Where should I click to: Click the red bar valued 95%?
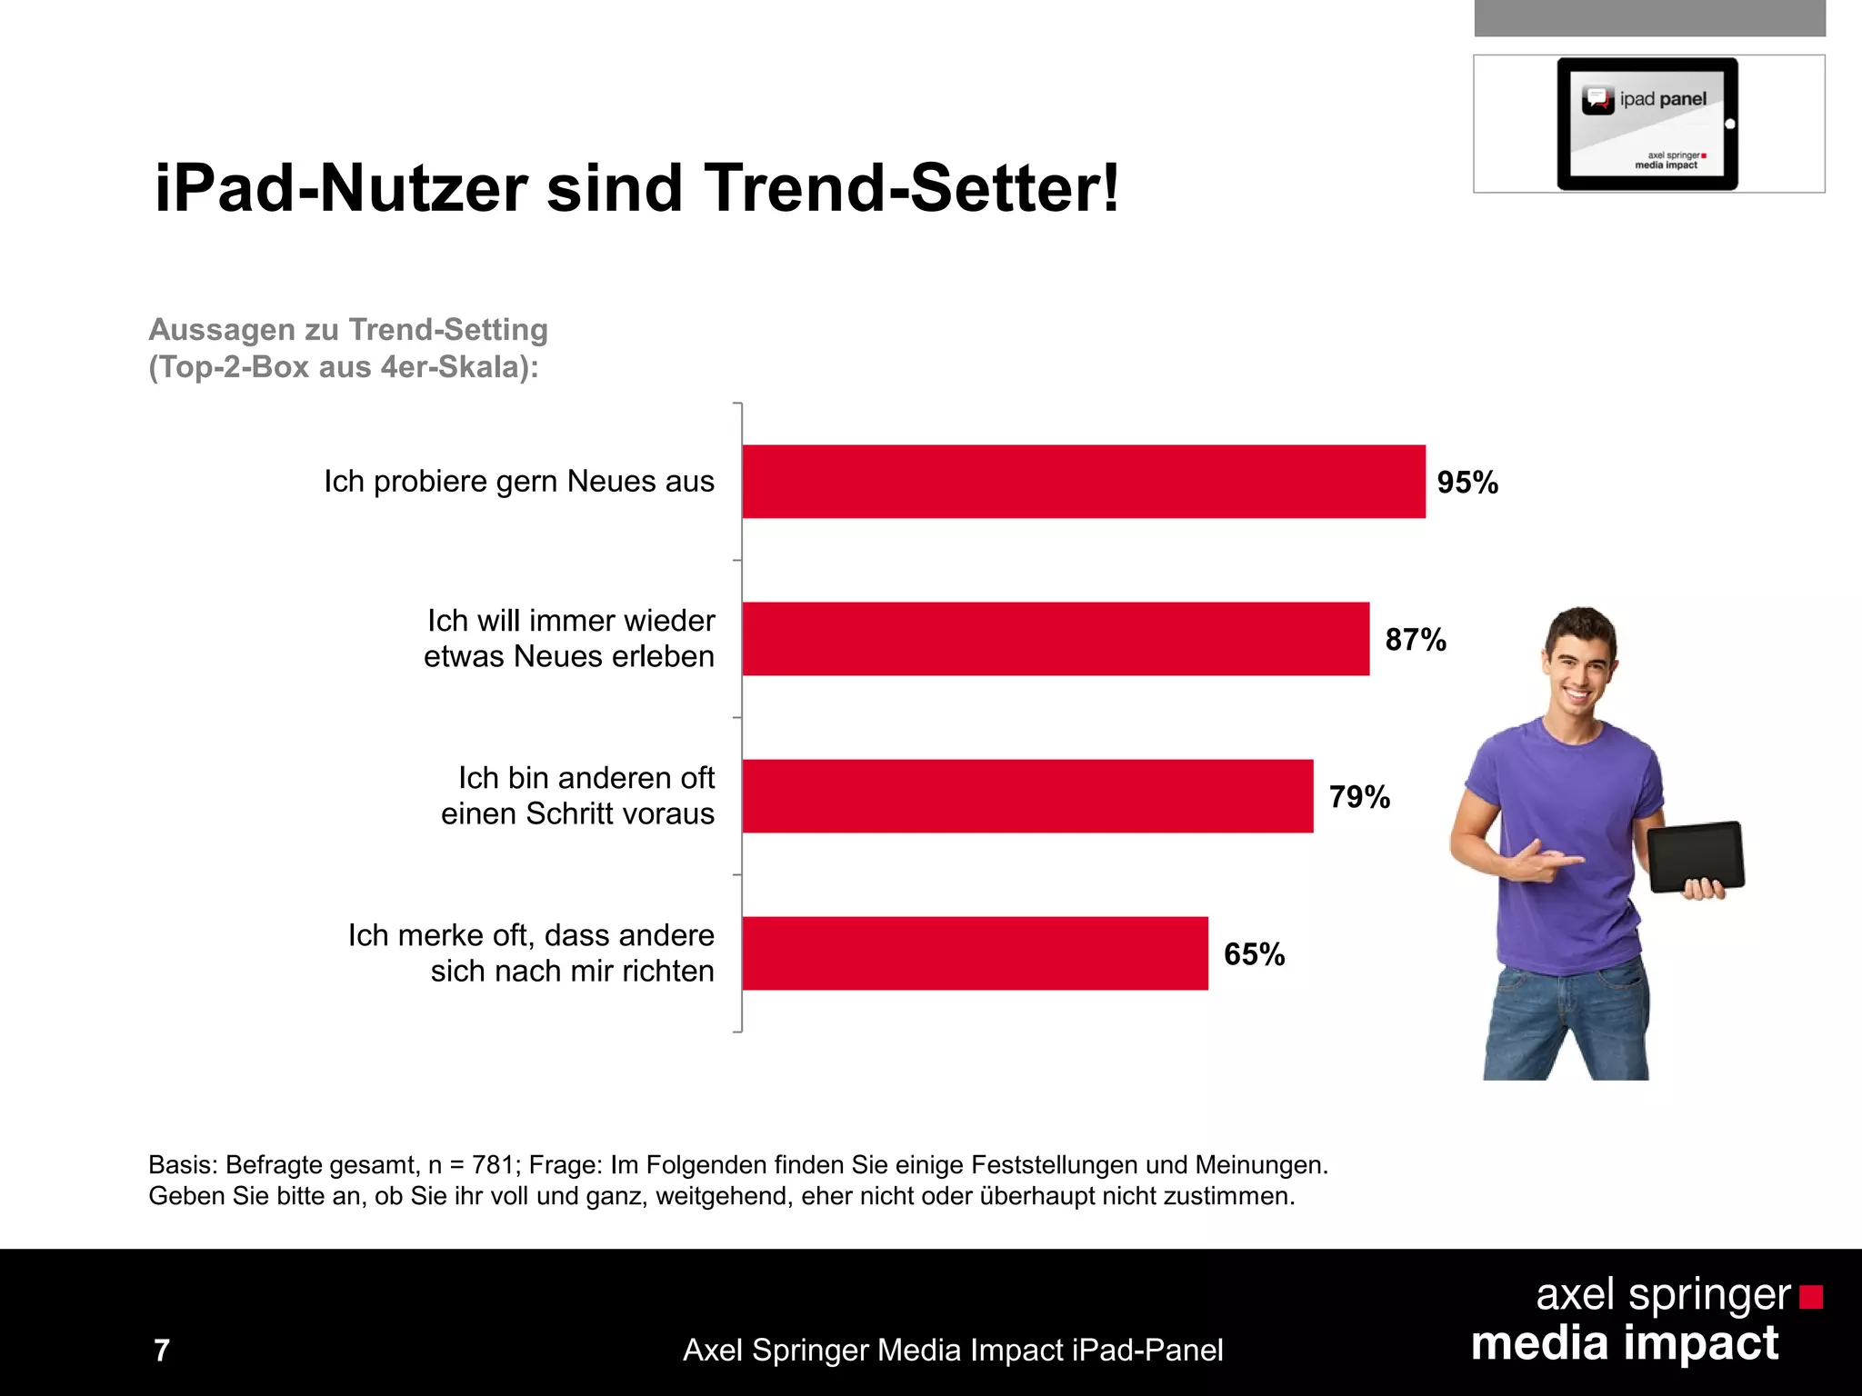click(x=1082, y=482)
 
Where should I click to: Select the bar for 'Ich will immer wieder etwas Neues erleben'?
click(x=1055, y=639)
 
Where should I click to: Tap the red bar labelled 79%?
click(x=1027, y=796)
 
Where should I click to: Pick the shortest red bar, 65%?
click(x=975, y=953)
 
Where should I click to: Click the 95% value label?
click(x=1467, y=483)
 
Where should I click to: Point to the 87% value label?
click(x=1415, y=640)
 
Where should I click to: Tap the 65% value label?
click(x=1254, y=954)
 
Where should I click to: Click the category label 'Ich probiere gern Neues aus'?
click(x=518, y=482)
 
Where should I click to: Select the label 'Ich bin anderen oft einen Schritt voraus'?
click(x=578, y=795)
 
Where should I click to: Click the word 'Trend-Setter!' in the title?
click(x=912, y=188)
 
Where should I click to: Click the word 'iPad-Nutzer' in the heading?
click(x=341, y=188)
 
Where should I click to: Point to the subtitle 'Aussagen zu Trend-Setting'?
click(x=348, y=329)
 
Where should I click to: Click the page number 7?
click(x=162, y=1351)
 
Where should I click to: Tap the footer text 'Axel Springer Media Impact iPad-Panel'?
click(x=953, y=1351)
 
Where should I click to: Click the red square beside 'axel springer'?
click(x=1810, y=1297)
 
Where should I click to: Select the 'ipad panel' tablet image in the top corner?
click(x=1647, y=124)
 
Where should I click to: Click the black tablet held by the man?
click(x=1695, y=856)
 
